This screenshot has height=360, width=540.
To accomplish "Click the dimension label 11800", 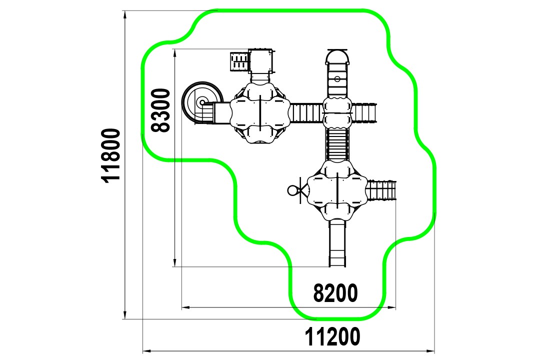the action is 111,155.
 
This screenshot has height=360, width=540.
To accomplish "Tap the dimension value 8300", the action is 161,110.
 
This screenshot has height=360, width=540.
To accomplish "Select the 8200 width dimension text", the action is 335,293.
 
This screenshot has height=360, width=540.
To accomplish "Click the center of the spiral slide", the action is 202,102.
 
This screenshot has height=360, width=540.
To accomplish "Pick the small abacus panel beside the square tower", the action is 239,61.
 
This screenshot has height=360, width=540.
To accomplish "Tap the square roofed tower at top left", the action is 261,60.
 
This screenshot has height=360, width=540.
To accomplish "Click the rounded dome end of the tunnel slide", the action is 337,56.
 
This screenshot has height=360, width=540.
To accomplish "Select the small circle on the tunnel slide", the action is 337,79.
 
